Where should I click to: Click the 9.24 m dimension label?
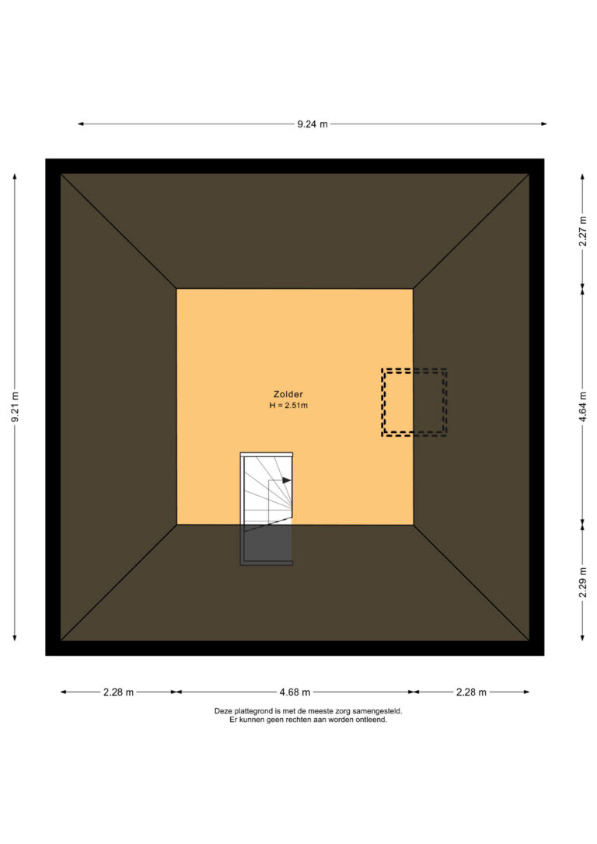click(x=312, y=124)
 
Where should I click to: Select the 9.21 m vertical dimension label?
click(x=15, y=407)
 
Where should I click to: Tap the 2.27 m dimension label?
click(x=583, y=231)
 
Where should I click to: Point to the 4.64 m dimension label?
click(x=583, y=407)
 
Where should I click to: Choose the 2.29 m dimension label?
click(x=583, y=582)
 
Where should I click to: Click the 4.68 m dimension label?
click(x=295, y=692)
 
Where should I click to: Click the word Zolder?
click(x=288, y=395)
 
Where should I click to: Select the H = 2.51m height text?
click(x=288, y=406)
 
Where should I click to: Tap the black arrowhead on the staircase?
click(x=287, y=480)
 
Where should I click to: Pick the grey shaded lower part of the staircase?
click(x=267, y=544)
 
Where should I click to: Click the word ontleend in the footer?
click(x=372, y=720)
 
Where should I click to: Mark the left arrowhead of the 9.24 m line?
click(x=81, y=124)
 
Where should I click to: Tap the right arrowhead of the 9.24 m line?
click(x=543, y=124)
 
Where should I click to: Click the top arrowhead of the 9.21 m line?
click(x=15, y=177)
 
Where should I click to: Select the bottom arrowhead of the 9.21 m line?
click(x=15, y=637)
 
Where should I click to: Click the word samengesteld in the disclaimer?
click(x=380, y=711)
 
